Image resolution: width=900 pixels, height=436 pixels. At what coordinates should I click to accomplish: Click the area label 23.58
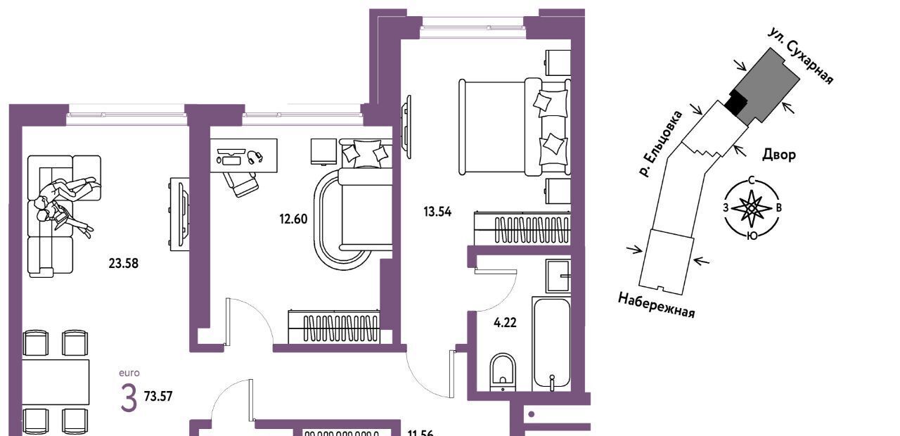pos(123,264)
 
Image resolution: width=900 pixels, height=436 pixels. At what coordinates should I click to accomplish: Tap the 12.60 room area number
pos(293,219)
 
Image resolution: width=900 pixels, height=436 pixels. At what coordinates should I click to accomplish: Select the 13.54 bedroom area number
pos(437,212)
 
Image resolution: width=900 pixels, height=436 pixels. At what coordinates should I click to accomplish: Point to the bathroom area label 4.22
pos(505,323)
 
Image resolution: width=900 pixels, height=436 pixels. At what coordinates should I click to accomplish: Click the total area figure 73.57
pos(158,397)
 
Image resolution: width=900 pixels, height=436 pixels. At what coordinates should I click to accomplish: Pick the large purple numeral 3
pos(129,397)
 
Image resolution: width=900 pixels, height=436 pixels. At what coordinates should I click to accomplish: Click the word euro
pos(129,373)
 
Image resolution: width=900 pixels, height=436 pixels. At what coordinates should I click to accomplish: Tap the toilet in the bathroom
pos(503,372)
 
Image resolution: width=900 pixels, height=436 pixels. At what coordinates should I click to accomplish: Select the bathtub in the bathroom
pos(551,344)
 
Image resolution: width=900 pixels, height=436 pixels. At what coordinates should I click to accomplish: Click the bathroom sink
pos(558,276)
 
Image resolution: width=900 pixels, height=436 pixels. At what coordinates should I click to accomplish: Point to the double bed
pos(515,127)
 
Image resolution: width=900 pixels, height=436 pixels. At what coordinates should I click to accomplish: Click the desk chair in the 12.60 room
pos(241,184)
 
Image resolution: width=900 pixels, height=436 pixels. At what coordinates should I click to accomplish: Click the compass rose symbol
pos(752,207)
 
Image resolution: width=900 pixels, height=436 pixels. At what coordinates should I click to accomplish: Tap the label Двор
pos(779,154)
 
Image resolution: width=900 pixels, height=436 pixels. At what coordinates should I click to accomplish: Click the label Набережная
pos(657,305)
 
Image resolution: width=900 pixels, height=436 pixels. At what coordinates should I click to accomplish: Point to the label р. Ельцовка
pos(660,144)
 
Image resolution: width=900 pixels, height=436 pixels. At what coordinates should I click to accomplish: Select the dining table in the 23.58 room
pos(56,382)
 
